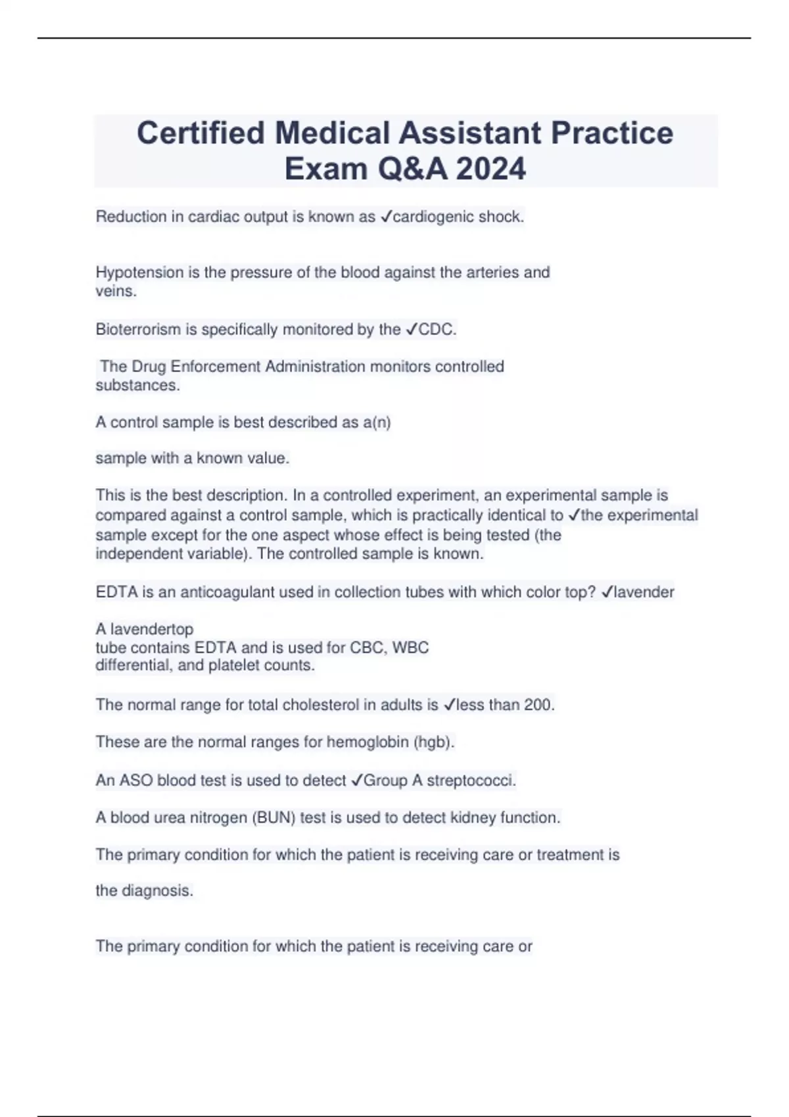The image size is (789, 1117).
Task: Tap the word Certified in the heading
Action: pos(201,133)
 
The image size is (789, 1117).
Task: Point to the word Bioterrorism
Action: pos(138,329)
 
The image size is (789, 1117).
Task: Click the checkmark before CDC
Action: pos(412,329)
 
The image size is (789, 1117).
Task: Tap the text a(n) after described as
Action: pos(376,422)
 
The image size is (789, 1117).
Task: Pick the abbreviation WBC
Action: pos(410,648)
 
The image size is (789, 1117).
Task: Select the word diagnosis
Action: pos(157,891)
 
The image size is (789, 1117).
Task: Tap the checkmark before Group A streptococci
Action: pos(356,781)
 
